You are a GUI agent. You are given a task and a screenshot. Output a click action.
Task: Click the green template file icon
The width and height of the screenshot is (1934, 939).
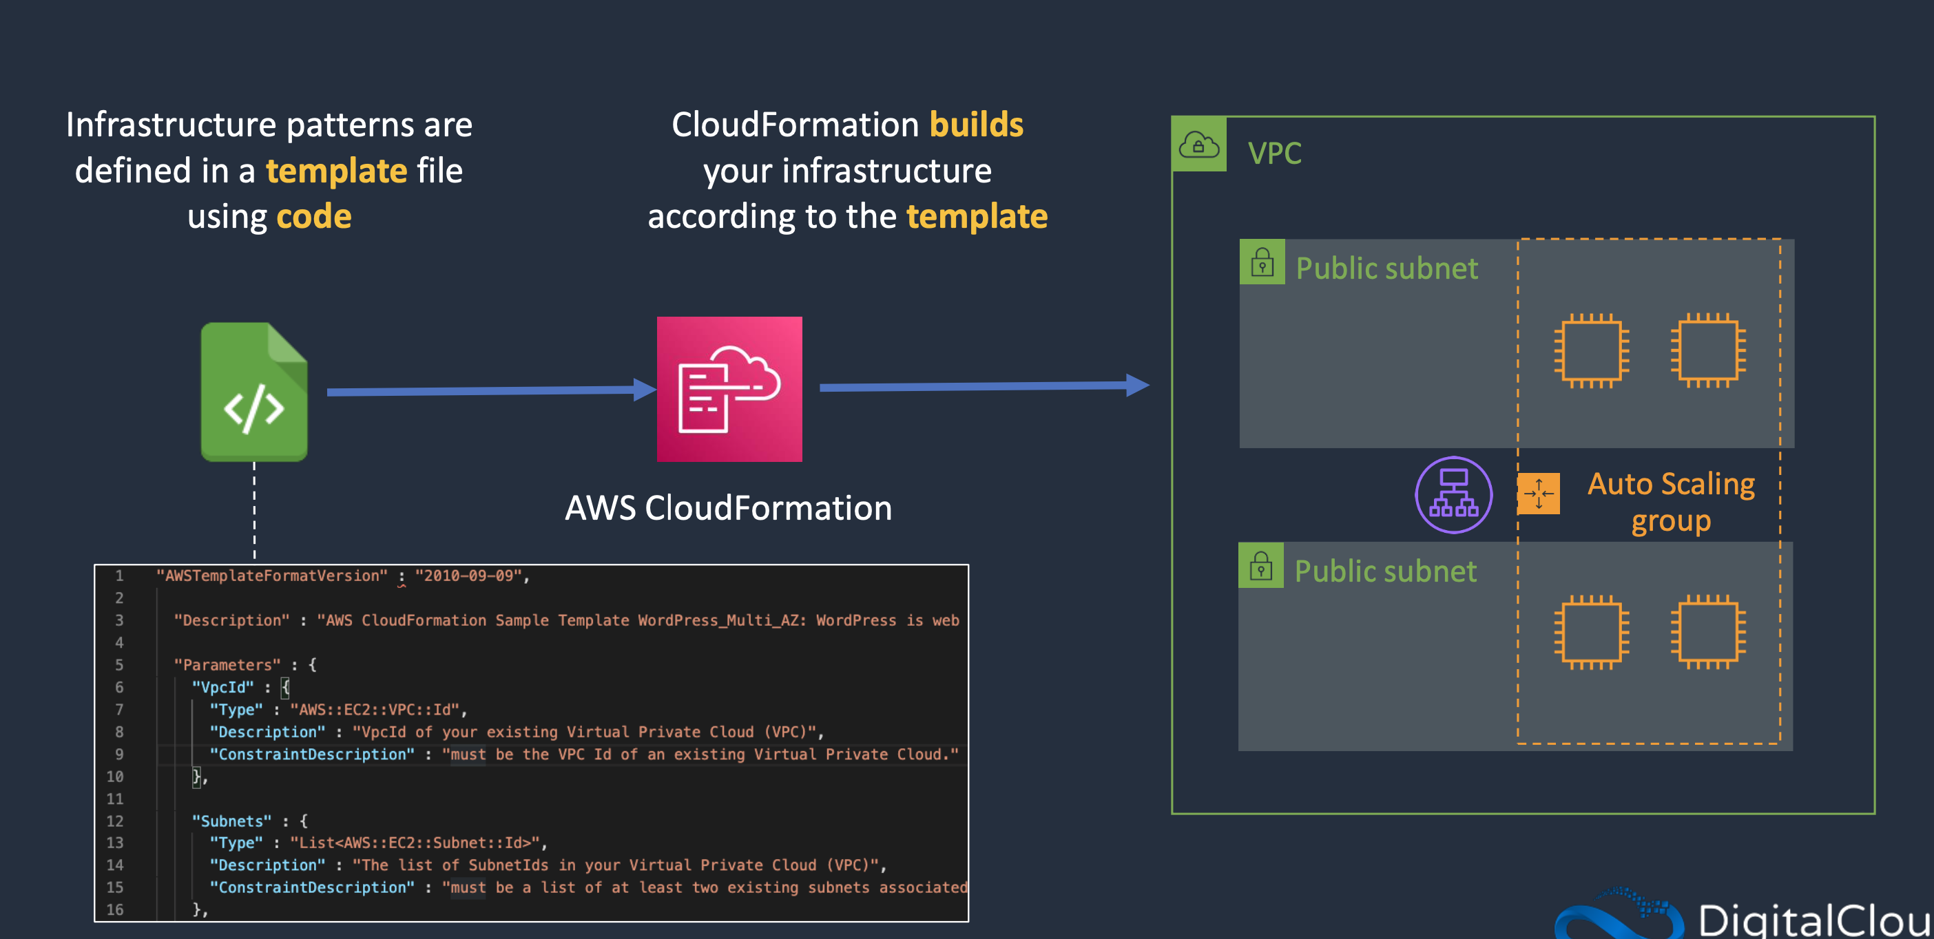coord(253,392)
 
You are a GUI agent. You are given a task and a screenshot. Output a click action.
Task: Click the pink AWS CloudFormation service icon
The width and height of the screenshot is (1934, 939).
coord(729,389)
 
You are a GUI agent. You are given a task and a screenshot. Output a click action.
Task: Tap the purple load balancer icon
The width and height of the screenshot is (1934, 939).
coord(1453,496)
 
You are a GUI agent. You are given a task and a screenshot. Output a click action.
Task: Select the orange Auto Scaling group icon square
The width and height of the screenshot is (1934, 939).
coord(1539,493)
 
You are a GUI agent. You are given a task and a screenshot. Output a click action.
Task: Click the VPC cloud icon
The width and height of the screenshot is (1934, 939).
coord(1199,145)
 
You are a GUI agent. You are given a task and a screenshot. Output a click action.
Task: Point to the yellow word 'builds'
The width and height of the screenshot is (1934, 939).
coord(976,125)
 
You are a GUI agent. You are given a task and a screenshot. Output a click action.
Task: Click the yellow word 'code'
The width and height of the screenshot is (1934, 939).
coord(314,217)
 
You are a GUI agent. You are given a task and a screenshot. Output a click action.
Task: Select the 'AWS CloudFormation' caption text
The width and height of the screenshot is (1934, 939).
coord(728,508)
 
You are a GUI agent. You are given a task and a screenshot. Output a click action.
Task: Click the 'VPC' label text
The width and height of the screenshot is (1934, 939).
coord(1274,153)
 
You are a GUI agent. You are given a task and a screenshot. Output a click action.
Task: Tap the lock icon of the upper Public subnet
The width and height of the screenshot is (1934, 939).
coord(1262,263)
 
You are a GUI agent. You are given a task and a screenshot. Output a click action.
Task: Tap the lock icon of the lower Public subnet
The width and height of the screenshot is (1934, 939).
coord(1260,566)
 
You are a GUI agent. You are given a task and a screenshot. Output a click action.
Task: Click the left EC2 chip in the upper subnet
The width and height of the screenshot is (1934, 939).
coord(1591,350)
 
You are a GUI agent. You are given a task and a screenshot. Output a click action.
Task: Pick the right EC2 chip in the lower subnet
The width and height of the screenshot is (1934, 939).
coord(1708,632)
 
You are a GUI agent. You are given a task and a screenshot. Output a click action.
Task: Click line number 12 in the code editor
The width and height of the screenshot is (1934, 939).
coord(114,821)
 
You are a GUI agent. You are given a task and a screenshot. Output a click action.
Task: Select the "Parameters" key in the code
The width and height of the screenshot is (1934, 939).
coord(227,665)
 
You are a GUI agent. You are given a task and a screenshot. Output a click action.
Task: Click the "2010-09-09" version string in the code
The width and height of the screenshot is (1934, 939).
coord(468,576)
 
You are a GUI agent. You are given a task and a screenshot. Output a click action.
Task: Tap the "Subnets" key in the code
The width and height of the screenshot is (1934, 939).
coord(231,821)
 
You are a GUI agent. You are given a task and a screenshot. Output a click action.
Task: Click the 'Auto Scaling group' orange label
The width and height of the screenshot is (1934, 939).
coord(1670,501)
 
